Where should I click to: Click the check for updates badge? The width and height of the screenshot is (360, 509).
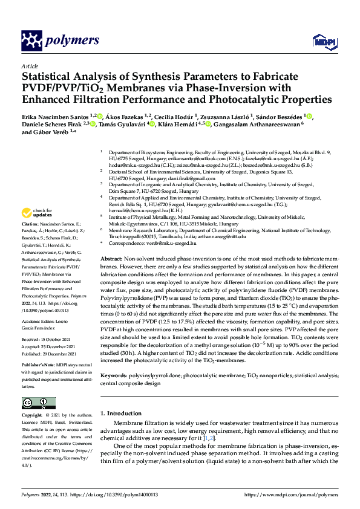36,213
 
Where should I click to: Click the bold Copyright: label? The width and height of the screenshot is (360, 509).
34,416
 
